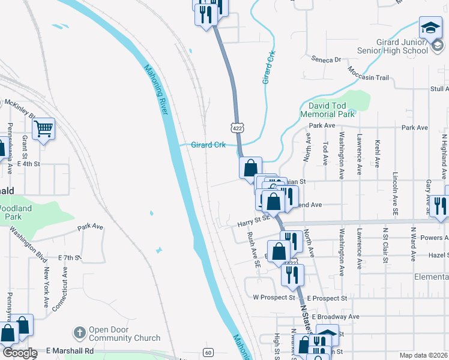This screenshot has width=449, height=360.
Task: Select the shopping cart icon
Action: [44, 129]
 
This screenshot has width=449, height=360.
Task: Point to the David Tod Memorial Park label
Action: [328, 110]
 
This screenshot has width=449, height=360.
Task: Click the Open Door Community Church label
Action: [124, 334]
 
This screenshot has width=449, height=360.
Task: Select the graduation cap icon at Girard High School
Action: [430, 29]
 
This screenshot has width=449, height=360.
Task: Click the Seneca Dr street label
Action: [326, 59]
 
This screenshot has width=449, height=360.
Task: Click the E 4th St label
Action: [29, 163]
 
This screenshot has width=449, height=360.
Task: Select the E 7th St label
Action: [69, 257]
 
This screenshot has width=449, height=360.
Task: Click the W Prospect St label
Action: [274, 297]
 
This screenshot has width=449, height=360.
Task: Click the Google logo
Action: [20, 353]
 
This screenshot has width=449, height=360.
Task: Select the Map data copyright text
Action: [423, 355]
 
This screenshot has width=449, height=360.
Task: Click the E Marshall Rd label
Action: [70, 351]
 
